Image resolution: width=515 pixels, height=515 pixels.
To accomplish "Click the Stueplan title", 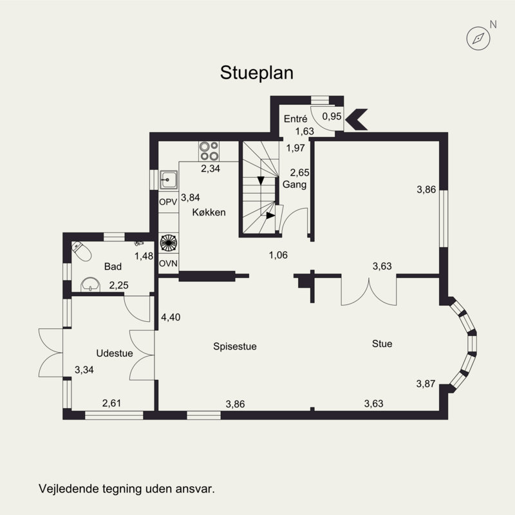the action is pyautogui.click(x=256, y=73).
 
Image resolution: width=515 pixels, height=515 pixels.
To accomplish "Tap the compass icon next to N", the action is pyautogui.click(x=478, y=39).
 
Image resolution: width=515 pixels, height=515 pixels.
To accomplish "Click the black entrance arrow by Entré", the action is pyautogui.click(x=357, y=119).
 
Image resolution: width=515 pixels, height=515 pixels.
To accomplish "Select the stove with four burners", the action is pyautogui.click(x=209, y=151).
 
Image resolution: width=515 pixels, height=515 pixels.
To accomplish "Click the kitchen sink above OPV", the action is pyautogui.click(x=169, y=180).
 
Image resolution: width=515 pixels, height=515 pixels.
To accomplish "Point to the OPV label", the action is pyautogui.click(x=168, y=202).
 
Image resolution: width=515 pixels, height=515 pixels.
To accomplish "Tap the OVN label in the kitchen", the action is pyautogui.click(x=168, y=263).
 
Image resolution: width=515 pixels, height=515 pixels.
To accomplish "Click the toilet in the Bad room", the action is pyautogui.click(x=82, y=251).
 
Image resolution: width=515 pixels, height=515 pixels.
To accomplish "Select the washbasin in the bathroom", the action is pyautogui.click(x=90, y=285).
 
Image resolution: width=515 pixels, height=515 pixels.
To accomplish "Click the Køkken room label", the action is pyautogui.click(x=209, y=212).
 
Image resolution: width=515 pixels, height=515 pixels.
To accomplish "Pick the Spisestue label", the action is pyautogui.click(x=235, y=346).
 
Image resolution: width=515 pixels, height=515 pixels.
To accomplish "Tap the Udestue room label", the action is pyautogui.click(x=115, y=353).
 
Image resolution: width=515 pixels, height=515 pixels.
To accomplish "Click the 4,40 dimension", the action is pyautogui.click(x=171, y=317).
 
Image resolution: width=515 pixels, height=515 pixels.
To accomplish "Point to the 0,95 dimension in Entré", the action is pyautogui.click(x=332, y=117).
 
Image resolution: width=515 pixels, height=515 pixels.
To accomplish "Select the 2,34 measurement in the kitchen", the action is pyautogui.click(x=211, y=169).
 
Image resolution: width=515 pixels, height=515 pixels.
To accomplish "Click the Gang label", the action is pyautogui.click(x=295, y=185).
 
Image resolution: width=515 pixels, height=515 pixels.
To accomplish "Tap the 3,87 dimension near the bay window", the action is pyautogui.click(x=426, y=384).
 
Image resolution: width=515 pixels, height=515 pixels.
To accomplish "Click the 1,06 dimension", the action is pyautogui.click(x=278, y=255).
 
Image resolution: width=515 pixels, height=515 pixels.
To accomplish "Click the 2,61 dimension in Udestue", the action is pyautogui.click(x=111, y=403).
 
